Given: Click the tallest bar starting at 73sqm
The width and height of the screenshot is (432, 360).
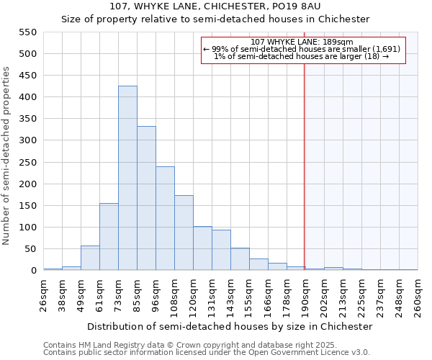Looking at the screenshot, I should pyautogui.click(x=127, y=178).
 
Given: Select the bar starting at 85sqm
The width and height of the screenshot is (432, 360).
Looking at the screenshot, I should pyautogui.click(x=146, y=198).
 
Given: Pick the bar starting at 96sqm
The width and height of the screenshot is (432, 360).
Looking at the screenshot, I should pyautogui.click(x=165, y=218).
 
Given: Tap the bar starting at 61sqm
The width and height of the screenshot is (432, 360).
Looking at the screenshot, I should pyautogui.click(x=109, y=237).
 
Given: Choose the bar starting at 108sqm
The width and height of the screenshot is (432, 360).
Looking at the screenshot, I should pyautogui.click(x=184, y=233).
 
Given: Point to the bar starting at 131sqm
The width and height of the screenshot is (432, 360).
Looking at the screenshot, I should pyautogui.click(x=221, y=250).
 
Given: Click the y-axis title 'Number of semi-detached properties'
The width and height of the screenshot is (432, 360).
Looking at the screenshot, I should pyautogui.click(x=6, y=156).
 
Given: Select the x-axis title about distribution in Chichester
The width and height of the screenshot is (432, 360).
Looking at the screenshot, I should pyautogui.click(x=230, y=326).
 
